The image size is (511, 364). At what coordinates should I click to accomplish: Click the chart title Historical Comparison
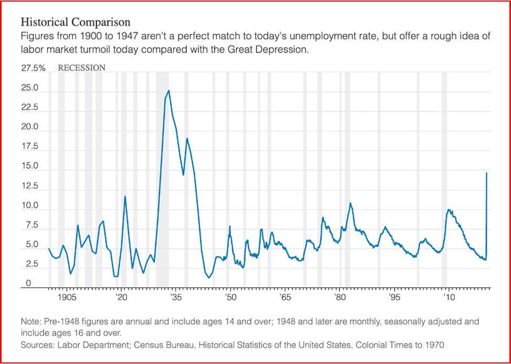(x=75, y=23)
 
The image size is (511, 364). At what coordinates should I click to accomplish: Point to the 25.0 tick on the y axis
(x=30, y=88)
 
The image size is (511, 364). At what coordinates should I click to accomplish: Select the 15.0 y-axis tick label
(x=30, y=166)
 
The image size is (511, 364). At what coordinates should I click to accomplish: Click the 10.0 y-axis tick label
(x=30, y=206)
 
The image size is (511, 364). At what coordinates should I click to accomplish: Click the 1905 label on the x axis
(x=65, y=298)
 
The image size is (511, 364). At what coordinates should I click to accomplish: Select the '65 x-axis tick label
(x=285, y=298)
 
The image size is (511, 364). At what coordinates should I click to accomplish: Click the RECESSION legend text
(x=81, y=68)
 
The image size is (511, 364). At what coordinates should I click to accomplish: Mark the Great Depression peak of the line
(x=169, y=90)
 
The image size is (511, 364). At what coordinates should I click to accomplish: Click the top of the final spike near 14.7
(x=487, y=173)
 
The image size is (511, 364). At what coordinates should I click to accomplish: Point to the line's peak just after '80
(x=350, y=203)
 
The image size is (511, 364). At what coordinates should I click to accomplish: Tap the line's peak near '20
(x=125, y=196)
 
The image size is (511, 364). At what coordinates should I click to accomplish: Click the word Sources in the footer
(x=36, y=345)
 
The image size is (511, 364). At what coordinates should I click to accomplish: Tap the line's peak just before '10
(x=448, y=209)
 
